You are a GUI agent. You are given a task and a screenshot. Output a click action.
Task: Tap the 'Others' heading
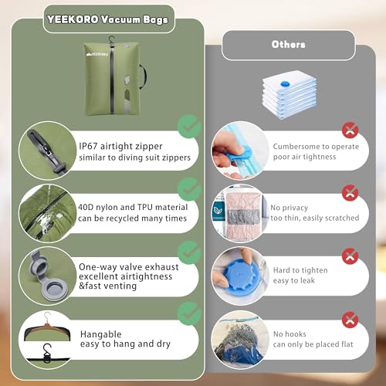pos(287,45)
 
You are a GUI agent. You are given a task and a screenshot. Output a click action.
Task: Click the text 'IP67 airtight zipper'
pos(123,144)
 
